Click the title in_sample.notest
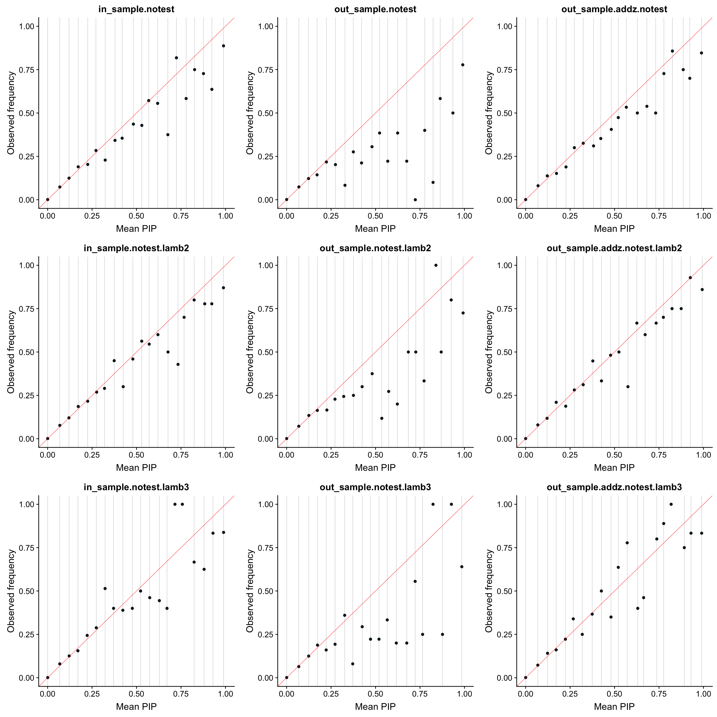tap(136, 9)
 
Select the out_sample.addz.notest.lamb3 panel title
tap(614, 487)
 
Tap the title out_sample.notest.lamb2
tap(375, 248)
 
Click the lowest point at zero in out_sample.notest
tap(415, 200)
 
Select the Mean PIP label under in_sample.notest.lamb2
tap(136, 468)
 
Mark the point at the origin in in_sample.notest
tap(48, 199)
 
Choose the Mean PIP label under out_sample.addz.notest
tap(614, 229)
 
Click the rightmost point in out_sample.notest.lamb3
tap(462, 567)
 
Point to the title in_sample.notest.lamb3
tap(136, 487)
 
